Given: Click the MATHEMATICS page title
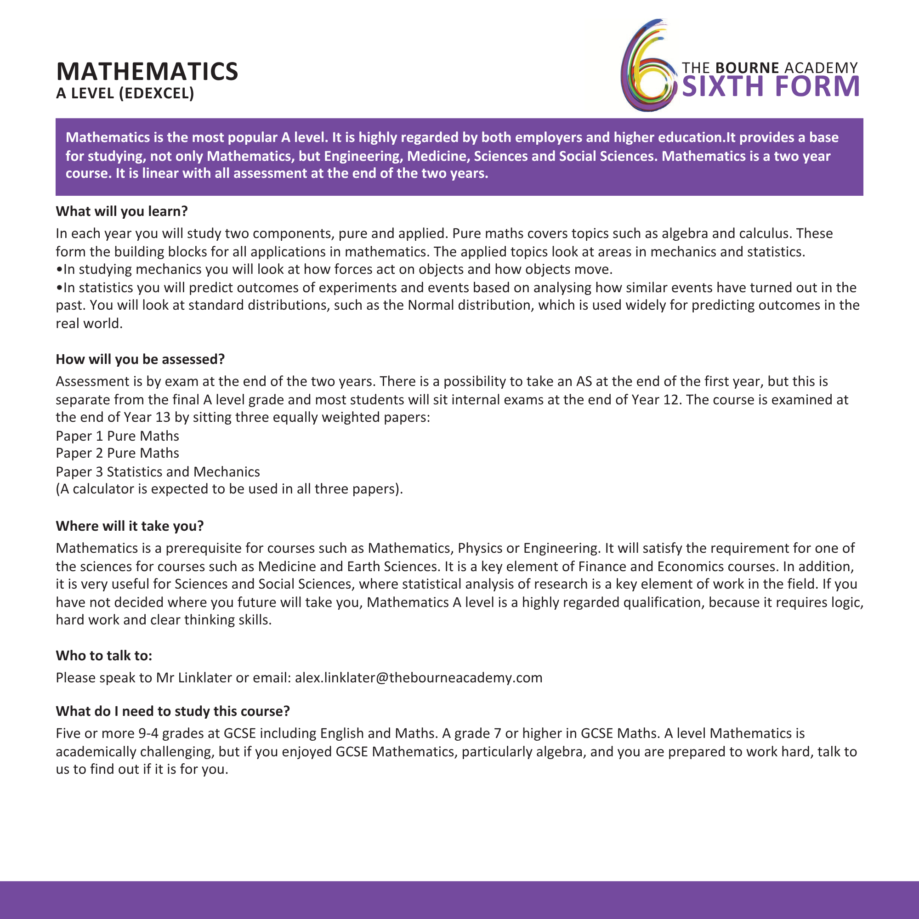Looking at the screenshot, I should coord(147,72).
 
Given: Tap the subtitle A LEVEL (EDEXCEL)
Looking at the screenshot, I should coord(125,94).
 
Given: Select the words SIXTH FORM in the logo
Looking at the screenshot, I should coord(771,86).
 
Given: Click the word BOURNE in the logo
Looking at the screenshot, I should coord(747,68).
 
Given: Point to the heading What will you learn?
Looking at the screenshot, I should coord(122,211).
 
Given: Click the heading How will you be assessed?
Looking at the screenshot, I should coord(140,359).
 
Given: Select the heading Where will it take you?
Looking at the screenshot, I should coord(130,526).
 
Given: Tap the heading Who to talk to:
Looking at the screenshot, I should coord(104,656).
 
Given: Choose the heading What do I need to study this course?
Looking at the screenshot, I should coord(173,711).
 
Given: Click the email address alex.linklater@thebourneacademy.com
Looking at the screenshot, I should coord(419,678).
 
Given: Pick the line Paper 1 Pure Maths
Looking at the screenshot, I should coord(118,436).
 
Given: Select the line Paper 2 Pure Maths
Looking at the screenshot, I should coord(118,453).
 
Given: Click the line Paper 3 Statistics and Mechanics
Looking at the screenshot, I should coord(158,472).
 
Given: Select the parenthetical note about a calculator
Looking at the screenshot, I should coord(229,489).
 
